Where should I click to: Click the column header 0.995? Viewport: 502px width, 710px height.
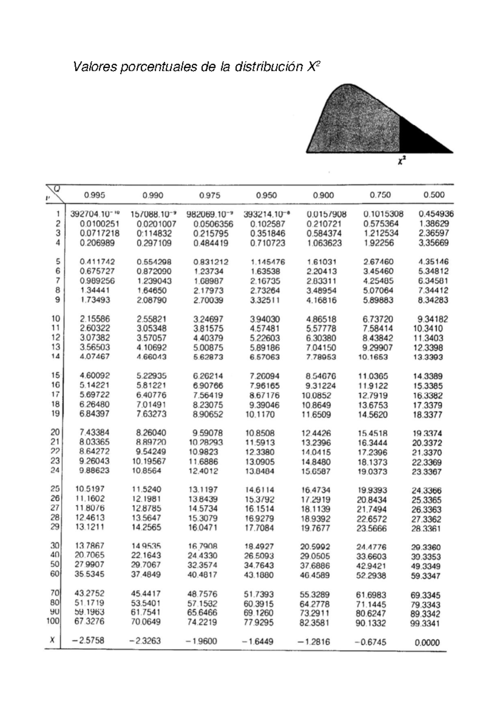(95, 195)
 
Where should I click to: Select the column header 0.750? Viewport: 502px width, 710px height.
(380, 195)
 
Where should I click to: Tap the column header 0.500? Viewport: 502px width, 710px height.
(434, 195)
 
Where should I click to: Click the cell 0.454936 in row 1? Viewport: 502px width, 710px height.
(436, 214)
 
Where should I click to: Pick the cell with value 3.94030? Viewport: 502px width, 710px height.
(265, 319)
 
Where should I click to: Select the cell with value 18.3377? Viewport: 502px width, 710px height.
(428, 415)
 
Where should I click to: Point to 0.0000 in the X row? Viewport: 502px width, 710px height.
(427, 643)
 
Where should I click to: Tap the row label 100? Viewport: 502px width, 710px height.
(53, 621)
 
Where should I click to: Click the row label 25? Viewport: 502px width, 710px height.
(55, 489)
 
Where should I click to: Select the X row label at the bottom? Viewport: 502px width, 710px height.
(52, 640)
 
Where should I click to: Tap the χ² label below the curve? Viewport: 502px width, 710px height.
(402, 161)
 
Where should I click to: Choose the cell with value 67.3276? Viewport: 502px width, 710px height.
(90, 621)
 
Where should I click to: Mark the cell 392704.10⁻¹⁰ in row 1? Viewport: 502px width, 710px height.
(95, 214)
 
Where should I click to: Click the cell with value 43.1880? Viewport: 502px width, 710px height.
(259, 575)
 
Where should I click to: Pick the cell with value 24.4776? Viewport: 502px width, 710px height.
(371, 547)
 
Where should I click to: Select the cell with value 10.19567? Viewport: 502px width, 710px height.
(149, 461)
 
